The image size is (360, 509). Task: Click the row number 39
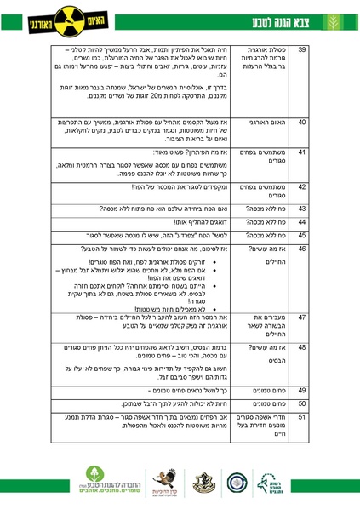pyautogui.click(x=302, y=51)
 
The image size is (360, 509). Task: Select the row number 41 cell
pyautogui.click(x=302, y=152)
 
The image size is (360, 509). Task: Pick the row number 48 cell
pyautogui.click(x=302, y=348)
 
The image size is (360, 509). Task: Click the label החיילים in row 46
pyautogui.click(x=271, y=260)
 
